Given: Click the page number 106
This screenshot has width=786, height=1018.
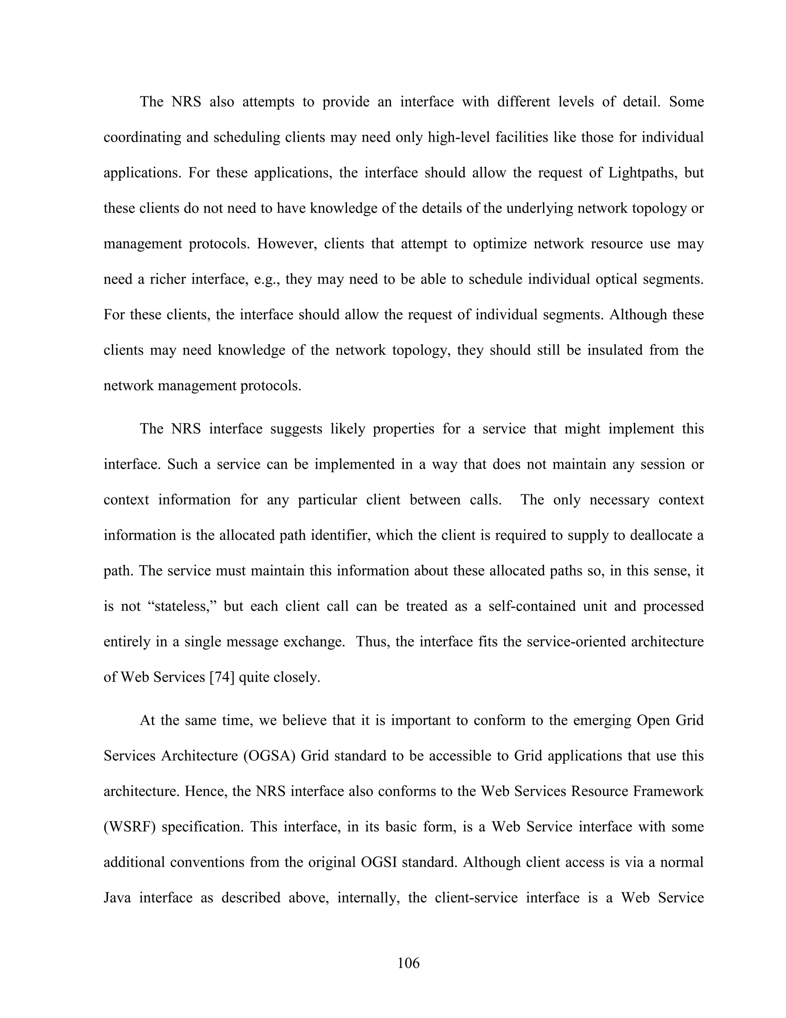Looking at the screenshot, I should point(408,963).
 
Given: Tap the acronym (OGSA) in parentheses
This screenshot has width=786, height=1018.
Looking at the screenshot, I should point(269,756).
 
